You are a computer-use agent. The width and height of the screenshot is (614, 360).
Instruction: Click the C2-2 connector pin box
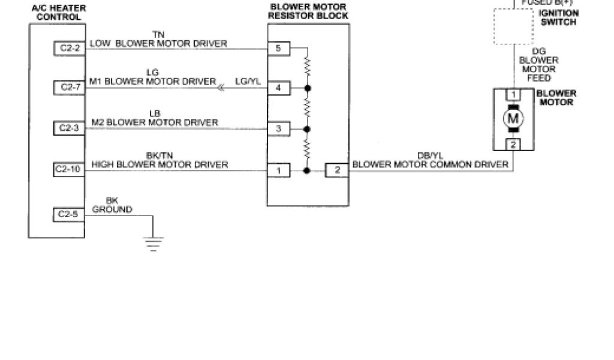pos(69,48)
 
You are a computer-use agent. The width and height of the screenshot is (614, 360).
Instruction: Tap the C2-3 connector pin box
pos(69,128)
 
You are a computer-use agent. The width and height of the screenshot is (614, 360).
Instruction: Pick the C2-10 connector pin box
pos(69,170)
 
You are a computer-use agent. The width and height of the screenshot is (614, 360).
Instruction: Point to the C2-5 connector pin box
pos(69,214)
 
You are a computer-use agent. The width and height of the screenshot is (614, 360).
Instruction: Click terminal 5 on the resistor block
pos(278,48)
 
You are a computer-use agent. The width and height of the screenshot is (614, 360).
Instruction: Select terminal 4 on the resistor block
pos(278,88)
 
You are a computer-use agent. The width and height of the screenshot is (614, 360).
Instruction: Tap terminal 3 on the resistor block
pos(278,128)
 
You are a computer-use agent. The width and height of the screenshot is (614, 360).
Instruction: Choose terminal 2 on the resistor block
pos(337,170)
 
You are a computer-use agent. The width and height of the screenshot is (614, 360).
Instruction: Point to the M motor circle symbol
pos(513,118)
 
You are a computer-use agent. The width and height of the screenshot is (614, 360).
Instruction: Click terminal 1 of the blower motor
pos(513,95)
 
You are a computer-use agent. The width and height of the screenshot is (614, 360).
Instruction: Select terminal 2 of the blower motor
pos(513,144)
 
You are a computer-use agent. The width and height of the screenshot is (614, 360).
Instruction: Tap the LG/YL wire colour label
pos(248,82)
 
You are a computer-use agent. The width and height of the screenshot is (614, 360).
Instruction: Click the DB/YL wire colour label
pos(429,155)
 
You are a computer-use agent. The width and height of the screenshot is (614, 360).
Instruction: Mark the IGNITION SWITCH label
pos(558,17)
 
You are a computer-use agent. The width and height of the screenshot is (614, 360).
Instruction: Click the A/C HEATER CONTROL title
pos(59,13)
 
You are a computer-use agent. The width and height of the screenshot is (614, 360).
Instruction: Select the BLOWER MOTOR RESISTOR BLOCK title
pos(308,11)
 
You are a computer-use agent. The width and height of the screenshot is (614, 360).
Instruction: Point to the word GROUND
pos(112,209)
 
